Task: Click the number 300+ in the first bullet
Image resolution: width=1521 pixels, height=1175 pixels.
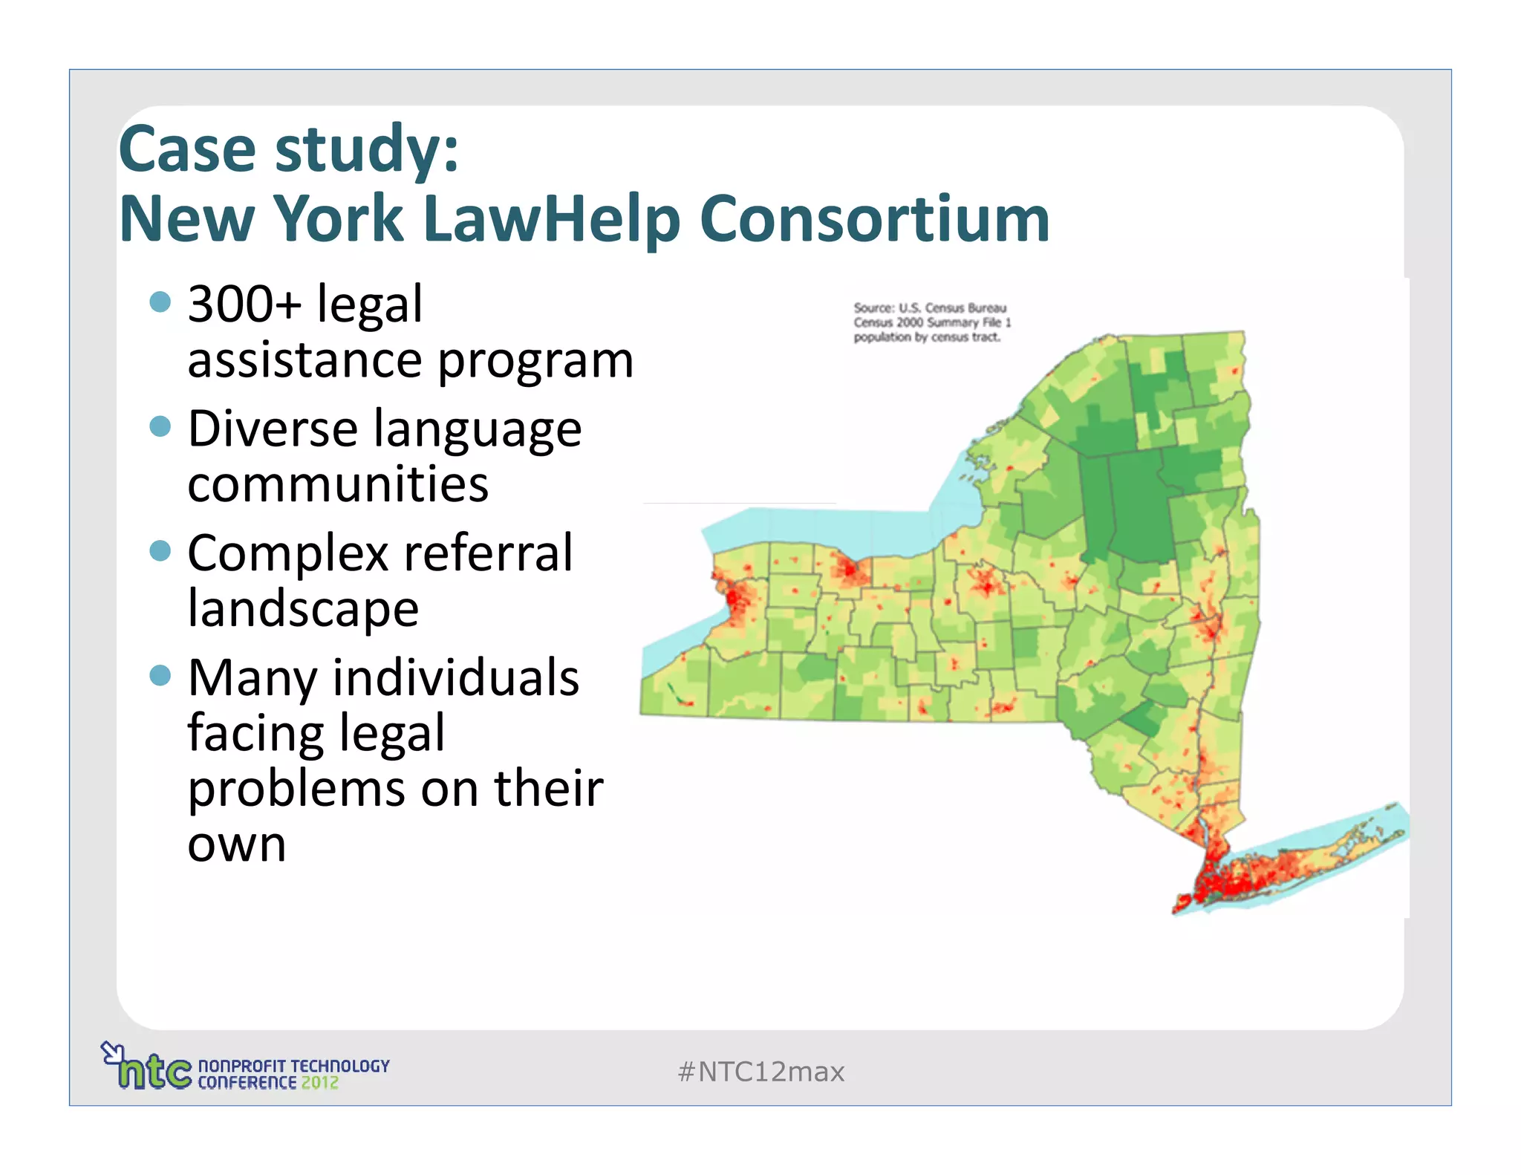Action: [244, 305]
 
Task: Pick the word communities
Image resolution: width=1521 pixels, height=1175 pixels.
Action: [338, 484]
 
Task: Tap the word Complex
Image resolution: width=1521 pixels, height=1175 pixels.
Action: [288, 553]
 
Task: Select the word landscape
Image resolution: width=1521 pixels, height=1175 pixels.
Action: [303, 609]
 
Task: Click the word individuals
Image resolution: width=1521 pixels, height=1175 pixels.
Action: [455, 678]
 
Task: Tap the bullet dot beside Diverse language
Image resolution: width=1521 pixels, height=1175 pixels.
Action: [160, 426]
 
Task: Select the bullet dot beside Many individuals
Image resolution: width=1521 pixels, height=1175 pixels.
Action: [160, 675]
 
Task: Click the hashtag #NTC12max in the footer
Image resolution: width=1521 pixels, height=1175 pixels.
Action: [760, 1072]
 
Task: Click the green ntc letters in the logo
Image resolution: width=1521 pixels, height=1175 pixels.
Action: [154, 1072]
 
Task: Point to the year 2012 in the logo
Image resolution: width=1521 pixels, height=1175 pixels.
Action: [319, 1083]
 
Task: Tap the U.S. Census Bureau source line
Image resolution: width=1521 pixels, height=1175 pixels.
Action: [930, 307]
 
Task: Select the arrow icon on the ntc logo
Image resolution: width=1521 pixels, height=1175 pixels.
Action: [111, 1052]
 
